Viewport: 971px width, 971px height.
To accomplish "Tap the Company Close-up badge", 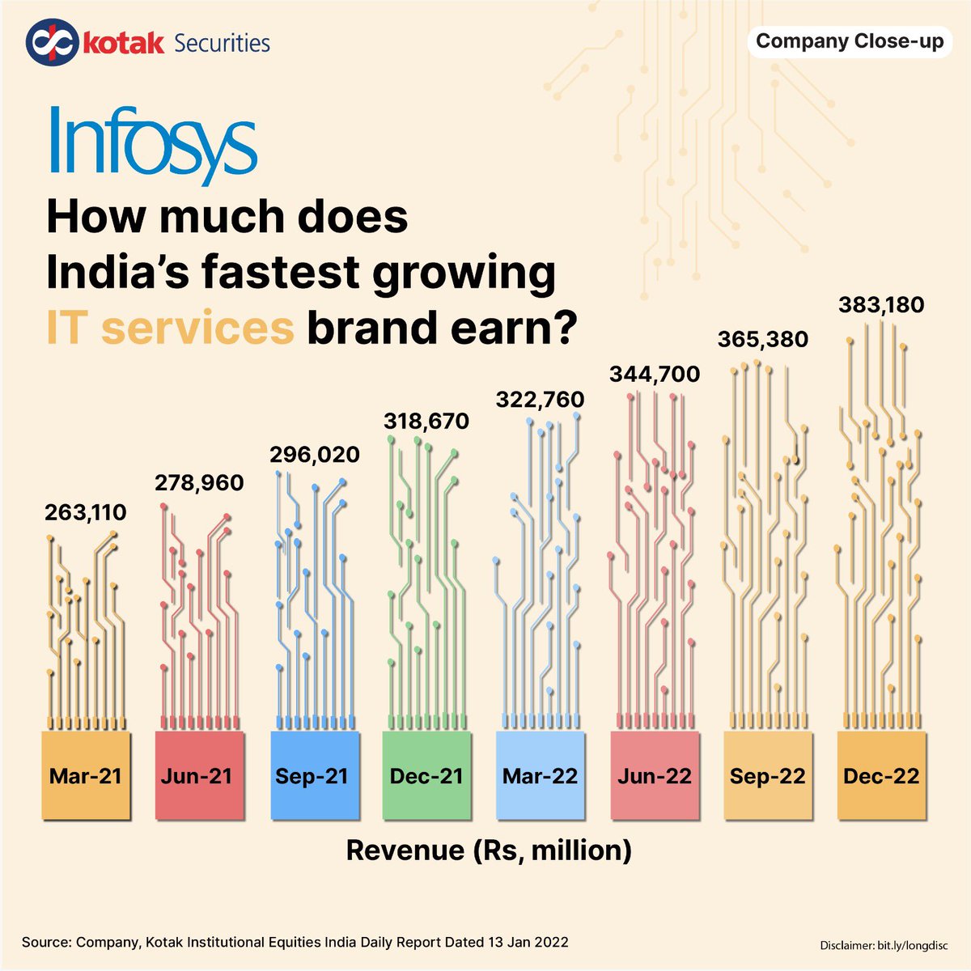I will point(849,41).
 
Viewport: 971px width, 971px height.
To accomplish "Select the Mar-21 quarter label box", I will point(85,776).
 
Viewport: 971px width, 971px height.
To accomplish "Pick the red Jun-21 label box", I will point(197,776).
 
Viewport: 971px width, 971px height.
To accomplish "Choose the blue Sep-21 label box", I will point(312,776).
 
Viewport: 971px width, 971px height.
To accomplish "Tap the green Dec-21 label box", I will point(426,776).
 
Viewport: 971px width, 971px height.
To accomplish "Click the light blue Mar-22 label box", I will point(540,776).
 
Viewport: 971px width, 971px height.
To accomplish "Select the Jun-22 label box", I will point(654,776).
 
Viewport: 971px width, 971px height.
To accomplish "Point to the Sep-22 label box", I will point(767,776).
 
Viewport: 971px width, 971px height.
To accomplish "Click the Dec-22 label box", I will point(881,776).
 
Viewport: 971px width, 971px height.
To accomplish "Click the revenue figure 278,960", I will point(198,483).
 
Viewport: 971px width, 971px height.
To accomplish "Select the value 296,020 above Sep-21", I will point(314,455).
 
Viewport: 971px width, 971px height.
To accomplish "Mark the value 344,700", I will point(654,374).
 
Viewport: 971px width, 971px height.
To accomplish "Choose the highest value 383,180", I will point(880,305).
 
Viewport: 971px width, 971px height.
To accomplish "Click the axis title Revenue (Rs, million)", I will point(489,850).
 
